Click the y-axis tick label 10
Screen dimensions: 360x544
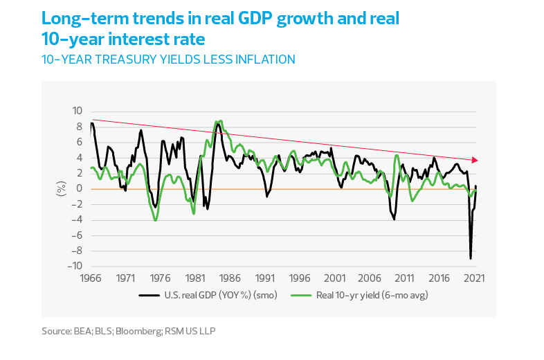77,111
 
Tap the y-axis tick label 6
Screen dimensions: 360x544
79,142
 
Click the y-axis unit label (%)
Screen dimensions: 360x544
61,188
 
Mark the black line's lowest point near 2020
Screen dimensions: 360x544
471,258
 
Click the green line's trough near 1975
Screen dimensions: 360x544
156,219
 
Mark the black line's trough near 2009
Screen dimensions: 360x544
394,219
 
